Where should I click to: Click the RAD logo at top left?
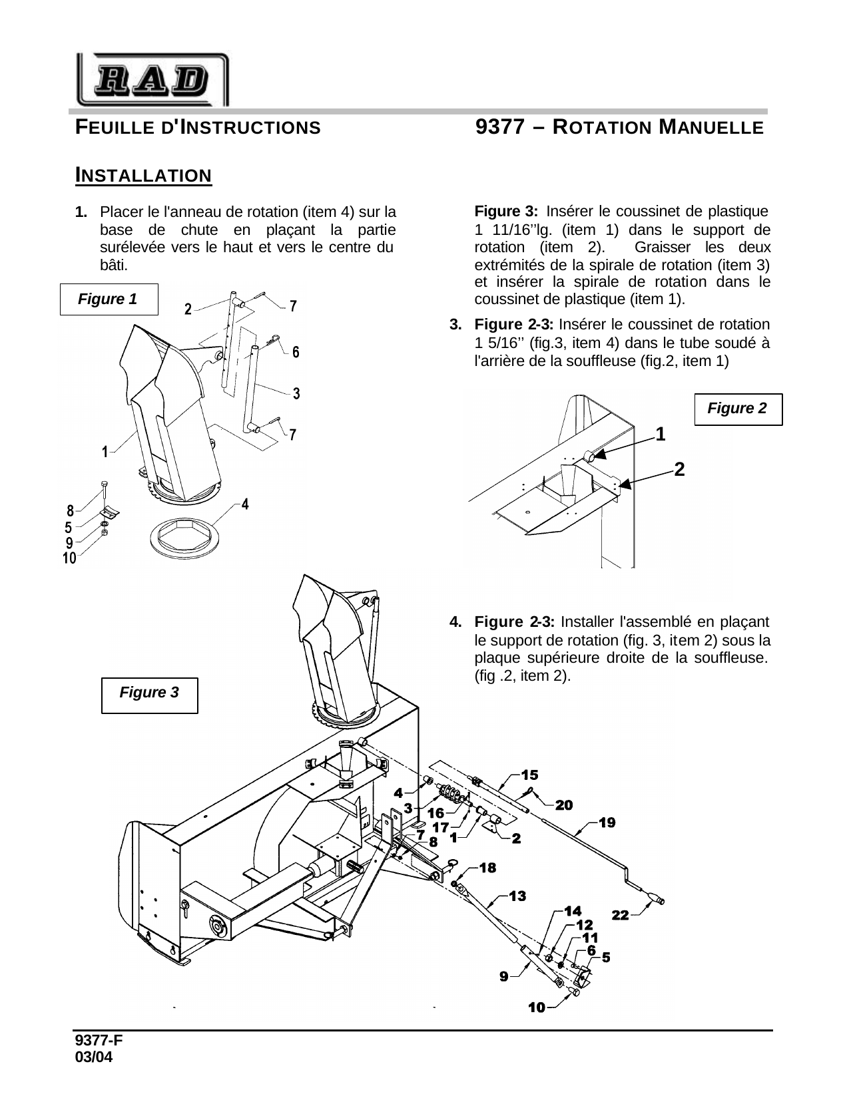pos(152,80)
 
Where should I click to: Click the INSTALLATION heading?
pos(144,176)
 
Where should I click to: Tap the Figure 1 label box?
pos(109,299)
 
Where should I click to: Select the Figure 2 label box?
pos(737,409)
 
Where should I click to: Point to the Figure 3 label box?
pos(149,693)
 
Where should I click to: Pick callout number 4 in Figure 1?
pos(245,504)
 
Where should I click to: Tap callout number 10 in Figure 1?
pos(69,560)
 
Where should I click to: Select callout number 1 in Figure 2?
pos(660,435)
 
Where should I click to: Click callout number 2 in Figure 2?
pos(679,469)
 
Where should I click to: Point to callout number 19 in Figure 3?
pos(607,823)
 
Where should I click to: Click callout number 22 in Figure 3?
pos(620,916)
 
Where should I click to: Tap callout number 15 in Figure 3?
pos(530,775)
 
